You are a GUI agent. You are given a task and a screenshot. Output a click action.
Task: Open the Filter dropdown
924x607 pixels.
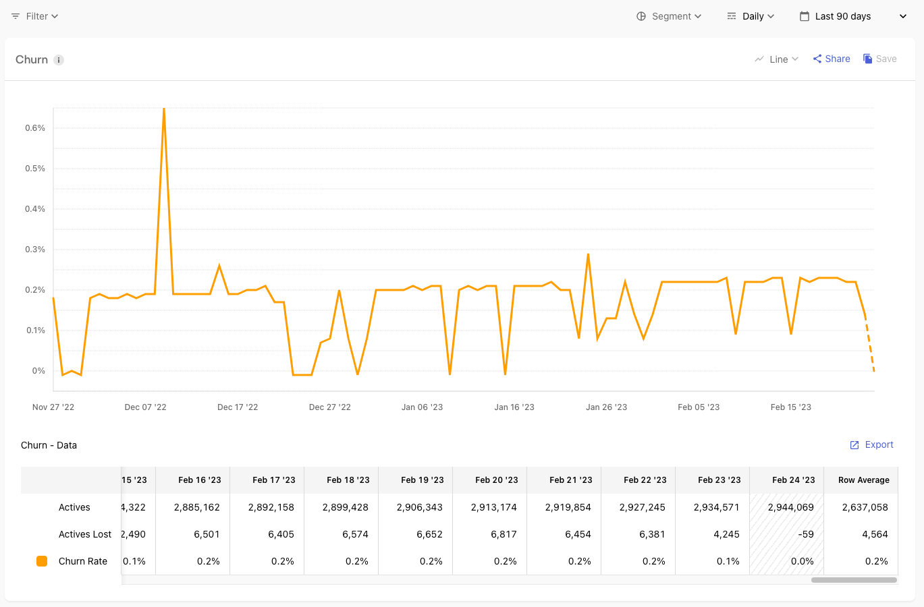35,16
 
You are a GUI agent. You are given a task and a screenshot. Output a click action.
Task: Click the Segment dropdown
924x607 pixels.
670,16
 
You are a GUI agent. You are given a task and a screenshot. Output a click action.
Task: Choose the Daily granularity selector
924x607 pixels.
751,16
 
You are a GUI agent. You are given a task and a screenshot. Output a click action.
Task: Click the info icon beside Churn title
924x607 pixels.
59,60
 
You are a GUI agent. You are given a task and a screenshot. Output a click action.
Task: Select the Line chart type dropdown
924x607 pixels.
777,59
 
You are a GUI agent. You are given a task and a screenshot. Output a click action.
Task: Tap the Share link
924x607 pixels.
832,59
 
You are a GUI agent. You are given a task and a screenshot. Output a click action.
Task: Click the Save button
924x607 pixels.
880,59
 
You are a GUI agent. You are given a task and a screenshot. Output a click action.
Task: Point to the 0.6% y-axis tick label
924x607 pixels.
35,128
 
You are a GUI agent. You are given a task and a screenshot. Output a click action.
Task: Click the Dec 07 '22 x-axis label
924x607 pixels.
145,407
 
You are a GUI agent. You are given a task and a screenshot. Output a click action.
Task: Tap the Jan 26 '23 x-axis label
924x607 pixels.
606,407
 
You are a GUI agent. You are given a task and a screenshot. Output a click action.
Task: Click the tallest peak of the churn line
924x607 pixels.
164,110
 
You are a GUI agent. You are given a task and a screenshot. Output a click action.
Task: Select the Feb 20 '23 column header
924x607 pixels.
496,480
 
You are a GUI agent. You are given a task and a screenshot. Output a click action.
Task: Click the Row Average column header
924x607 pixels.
863,480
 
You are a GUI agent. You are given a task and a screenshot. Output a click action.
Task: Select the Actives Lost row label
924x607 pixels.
85,534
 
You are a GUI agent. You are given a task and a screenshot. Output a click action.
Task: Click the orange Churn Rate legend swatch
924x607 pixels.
42,561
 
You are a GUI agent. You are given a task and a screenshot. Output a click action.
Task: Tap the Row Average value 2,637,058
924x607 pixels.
865,507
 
